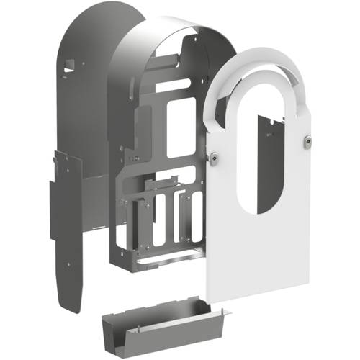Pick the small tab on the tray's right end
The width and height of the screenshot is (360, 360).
[225, 311]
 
